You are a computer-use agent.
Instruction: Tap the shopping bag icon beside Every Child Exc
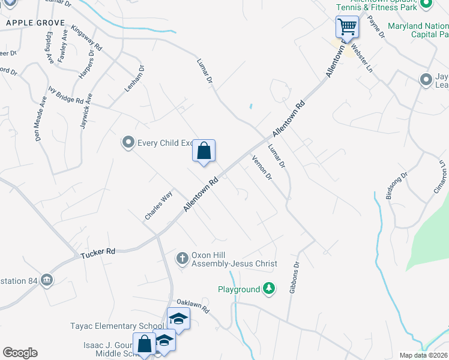(x=203, y=151)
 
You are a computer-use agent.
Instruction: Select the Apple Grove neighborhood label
(x=35, y=22)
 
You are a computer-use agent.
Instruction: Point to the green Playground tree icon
(x=270, y=289)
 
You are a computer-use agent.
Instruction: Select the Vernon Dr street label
(x=262, y=167)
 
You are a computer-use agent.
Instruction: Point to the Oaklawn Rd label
(x=192, y=306)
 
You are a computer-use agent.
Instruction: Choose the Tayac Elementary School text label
(x=120, y=326)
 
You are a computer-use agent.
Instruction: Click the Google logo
(x=20, y=353)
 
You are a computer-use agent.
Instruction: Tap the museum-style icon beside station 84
(x=46, y=280)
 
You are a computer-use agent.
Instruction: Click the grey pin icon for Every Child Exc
(x=128, y=143)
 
